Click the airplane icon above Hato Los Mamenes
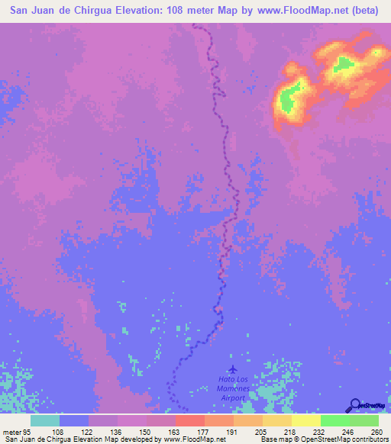pos(232,370)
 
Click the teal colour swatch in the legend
pos(45,420)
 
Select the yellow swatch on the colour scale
pos(306,420)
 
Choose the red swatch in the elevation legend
pos(190,420)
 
